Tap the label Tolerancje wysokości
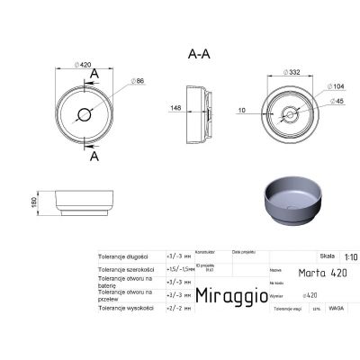pos(125,306)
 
